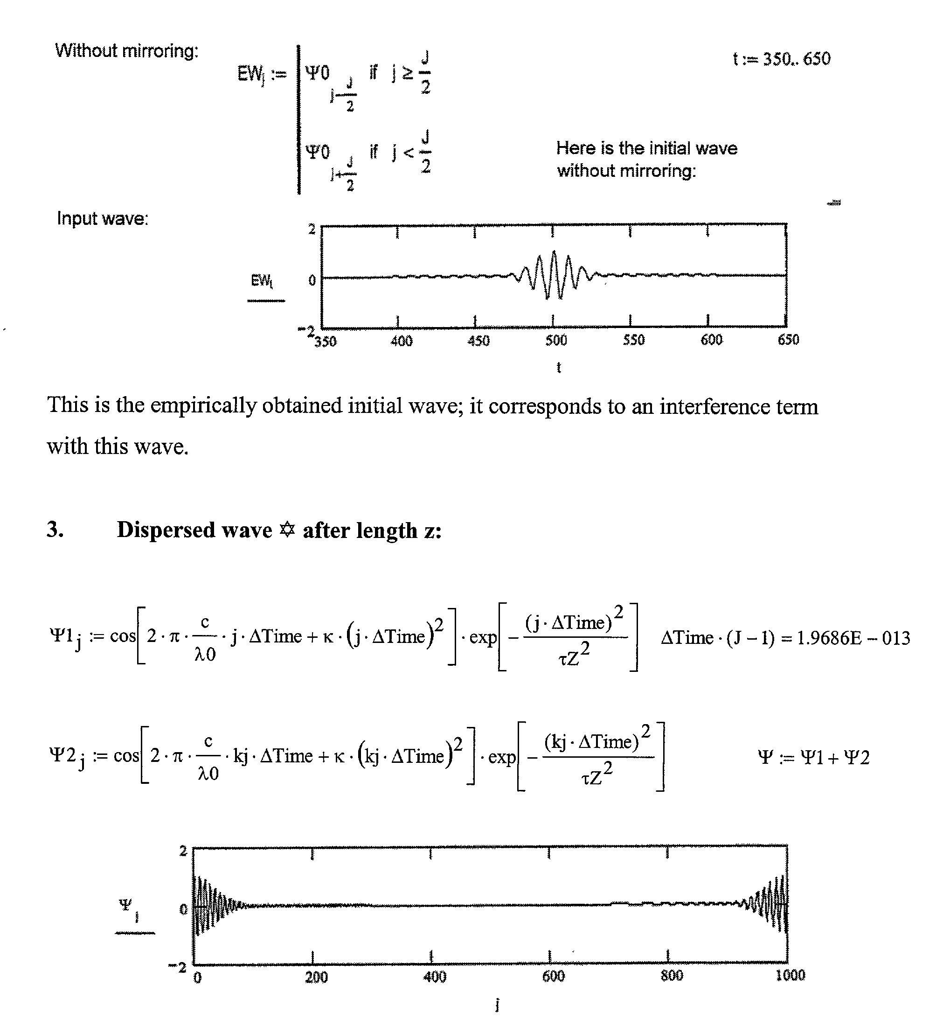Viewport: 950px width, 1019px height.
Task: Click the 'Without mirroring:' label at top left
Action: point(126,51)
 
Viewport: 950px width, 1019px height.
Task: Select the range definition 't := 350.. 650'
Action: point(782,59)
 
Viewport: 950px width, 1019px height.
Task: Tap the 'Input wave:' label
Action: point(103,218)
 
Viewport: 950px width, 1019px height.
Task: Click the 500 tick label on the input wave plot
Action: point(556,340)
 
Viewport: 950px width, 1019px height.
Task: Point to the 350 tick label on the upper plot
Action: point(326,342)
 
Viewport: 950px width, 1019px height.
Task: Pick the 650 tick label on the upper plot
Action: point(788,340)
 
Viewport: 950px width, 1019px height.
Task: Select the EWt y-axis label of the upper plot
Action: point(262,280)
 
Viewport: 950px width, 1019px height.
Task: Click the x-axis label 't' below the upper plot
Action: point(559,368)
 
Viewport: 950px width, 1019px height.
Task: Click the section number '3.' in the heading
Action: point(55,530)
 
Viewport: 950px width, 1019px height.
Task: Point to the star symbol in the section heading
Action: point(287,530)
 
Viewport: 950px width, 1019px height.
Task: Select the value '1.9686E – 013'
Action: point(853,638)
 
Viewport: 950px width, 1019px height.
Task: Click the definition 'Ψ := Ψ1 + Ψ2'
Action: point(814,757)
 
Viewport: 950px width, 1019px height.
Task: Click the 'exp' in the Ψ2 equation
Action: point(502,757)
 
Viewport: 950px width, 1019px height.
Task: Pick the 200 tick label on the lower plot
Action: point(316,977)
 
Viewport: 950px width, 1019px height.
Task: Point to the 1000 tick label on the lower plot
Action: point(790,975)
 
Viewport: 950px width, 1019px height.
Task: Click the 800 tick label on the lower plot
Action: point(672,976)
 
